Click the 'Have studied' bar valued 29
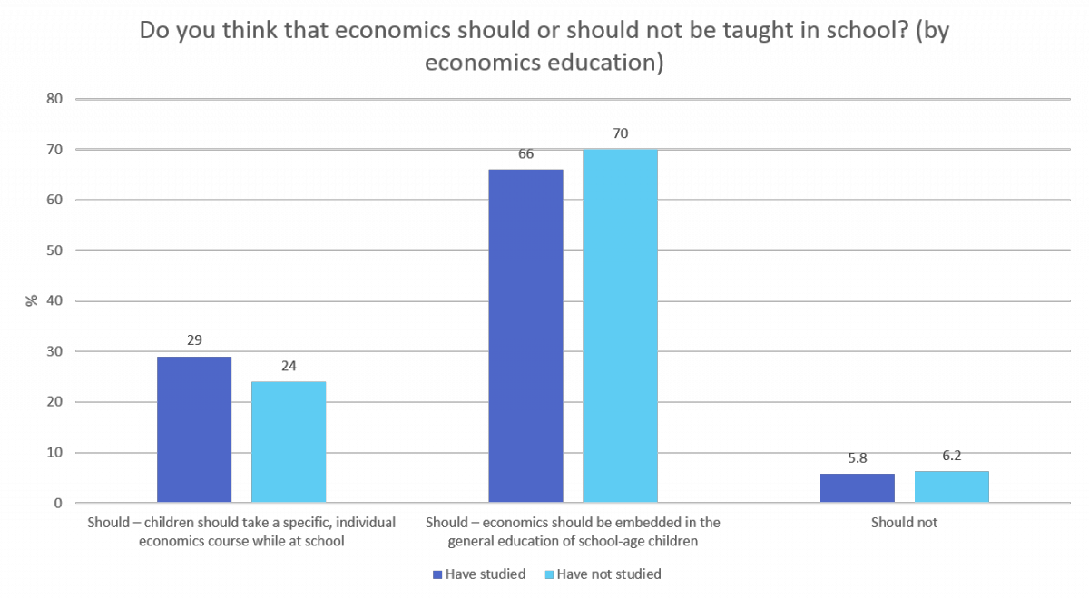point(194,429)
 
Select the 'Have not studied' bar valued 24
point(289,442)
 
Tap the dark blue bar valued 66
point(525,336)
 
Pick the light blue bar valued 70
point(620,326)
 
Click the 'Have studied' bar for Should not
point(858,488)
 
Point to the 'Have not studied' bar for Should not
point(952,487)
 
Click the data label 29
point(194,341)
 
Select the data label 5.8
point(858,458)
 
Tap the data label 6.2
point(952,457)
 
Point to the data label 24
point(289,367)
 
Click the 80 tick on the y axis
point(54,99)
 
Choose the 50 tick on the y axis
point(54,250)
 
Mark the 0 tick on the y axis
point(57,503)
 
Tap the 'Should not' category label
point(904,523)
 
